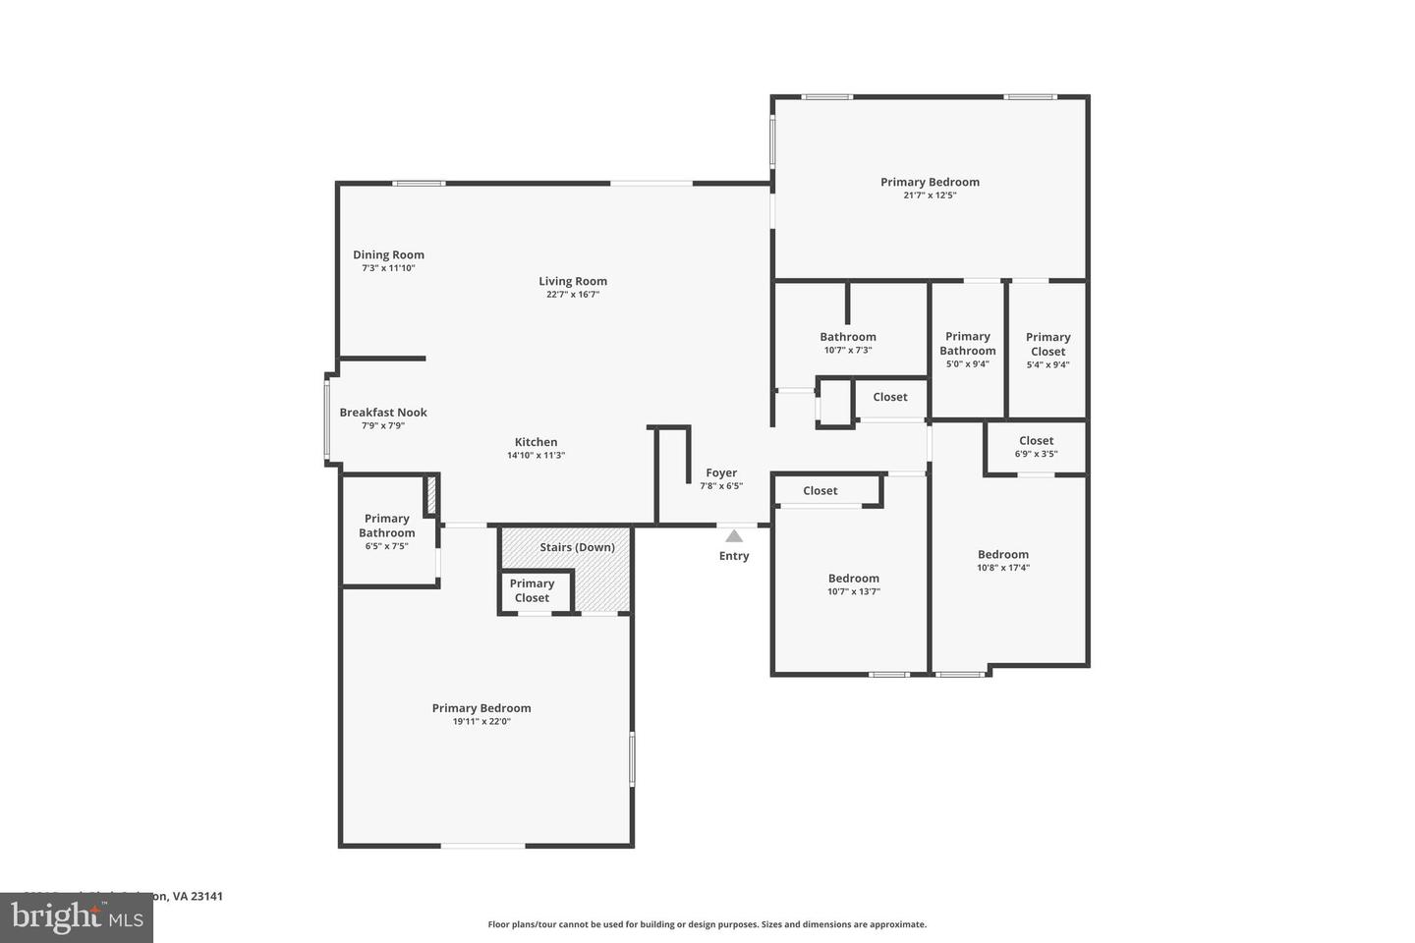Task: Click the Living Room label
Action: (573, 282)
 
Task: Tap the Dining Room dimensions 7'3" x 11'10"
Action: (388, 268)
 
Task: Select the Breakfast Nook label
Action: (383, 413)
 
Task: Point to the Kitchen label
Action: (536, 442)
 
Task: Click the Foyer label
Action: (721, 473)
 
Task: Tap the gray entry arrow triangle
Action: (734, 535)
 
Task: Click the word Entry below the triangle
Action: (734, 556)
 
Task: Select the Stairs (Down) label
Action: (577, 547)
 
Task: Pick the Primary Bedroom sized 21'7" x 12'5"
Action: (930, 183)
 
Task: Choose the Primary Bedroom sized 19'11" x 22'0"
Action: (481, 708)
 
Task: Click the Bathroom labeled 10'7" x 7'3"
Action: (848, 337)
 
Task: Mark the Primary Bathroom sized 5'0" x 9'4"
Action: (968, 344)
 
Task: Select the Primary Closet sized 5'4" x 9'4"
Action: (1047, 345)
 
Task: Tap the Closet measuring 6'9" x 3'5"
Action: (1036, 441)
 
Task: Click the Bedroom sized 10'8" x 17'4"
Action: (1003, 555)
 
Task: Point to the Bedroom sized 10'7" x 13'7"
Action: (853, 579)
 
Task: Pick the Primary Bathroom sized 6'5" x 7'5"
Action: (386, 526)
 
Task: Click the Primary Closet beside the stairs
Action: (532, 590)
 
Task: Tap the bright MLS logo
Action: (76, 917)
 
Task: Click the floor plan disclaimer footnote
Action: (707, 924)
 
